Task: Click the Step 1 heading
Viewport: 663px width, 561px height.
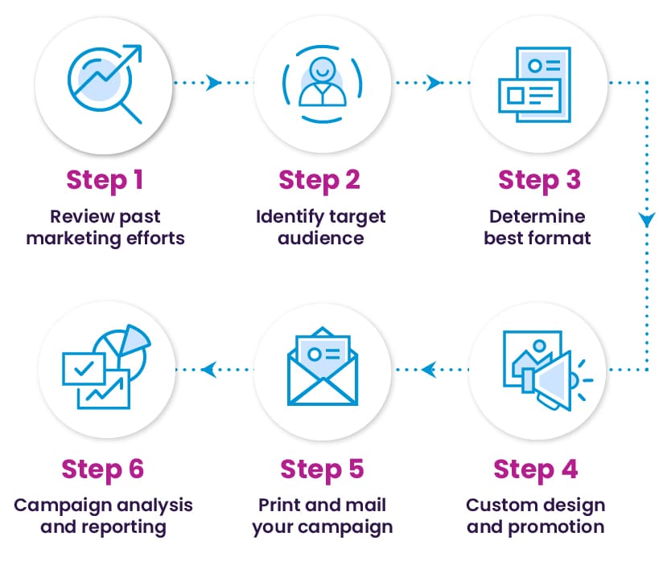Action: click(x=105, y=181)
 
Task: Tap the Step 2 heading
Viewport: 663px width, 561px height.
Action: click(x=319, y=181)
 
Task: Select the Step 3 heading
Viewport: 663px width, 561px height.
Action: click(x=540, y=181)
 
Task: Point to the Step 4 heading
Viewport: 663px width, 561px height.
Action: click(x=535, y=470)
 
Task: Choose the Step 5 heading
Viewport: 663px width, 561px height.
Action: click(x=322, y=470)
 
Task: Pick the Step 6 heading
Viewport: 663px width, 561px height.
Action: click(x=103, y=470)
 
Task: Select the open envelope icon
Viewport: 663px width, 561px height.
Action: click(x=322, y=366)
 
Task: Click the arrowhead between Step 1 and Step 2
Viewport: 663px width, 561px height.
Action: click(x=213, y=82)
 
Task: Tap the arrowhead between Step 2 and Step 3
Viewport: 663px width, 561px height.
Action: click(x=433, y=82)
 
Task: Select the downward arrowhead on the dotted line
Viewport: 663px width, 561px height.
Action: click(x=647, y=219)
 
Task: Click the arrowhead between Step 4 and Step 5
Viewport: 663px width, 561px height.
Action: click(x=429, y=370)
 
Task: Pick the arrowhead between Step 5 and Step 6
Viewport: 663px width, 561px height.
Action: click(x=209, y=370)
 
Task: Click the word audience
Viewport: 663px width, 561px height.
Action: click(x=321, y=238)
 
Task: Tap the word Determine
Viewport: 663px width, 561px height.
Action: click(x=537, y=216)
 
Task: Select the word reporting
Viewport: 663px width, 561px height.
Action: click(x=123, y=527)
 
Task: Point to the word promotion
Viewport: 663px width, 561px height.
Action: click(x=556, y=527)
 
